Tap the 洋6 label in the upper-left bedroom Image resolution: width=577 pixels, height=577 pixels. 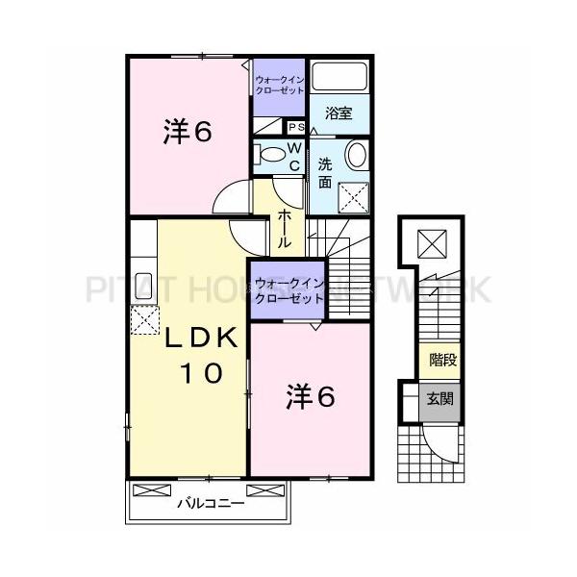(187, 132)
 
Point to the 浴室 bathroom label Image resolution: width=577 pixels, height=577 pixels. (338, 113)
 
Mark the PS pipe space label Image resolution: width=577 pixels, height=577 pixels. (296, 127)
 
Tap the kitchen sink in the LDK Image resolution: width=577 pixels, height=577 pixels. (144, 286)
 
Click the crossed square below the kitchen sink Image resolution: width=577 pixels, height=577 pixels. (143, 319)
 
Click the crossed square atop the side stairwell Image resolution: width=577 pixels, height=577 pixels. (432, 242)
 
